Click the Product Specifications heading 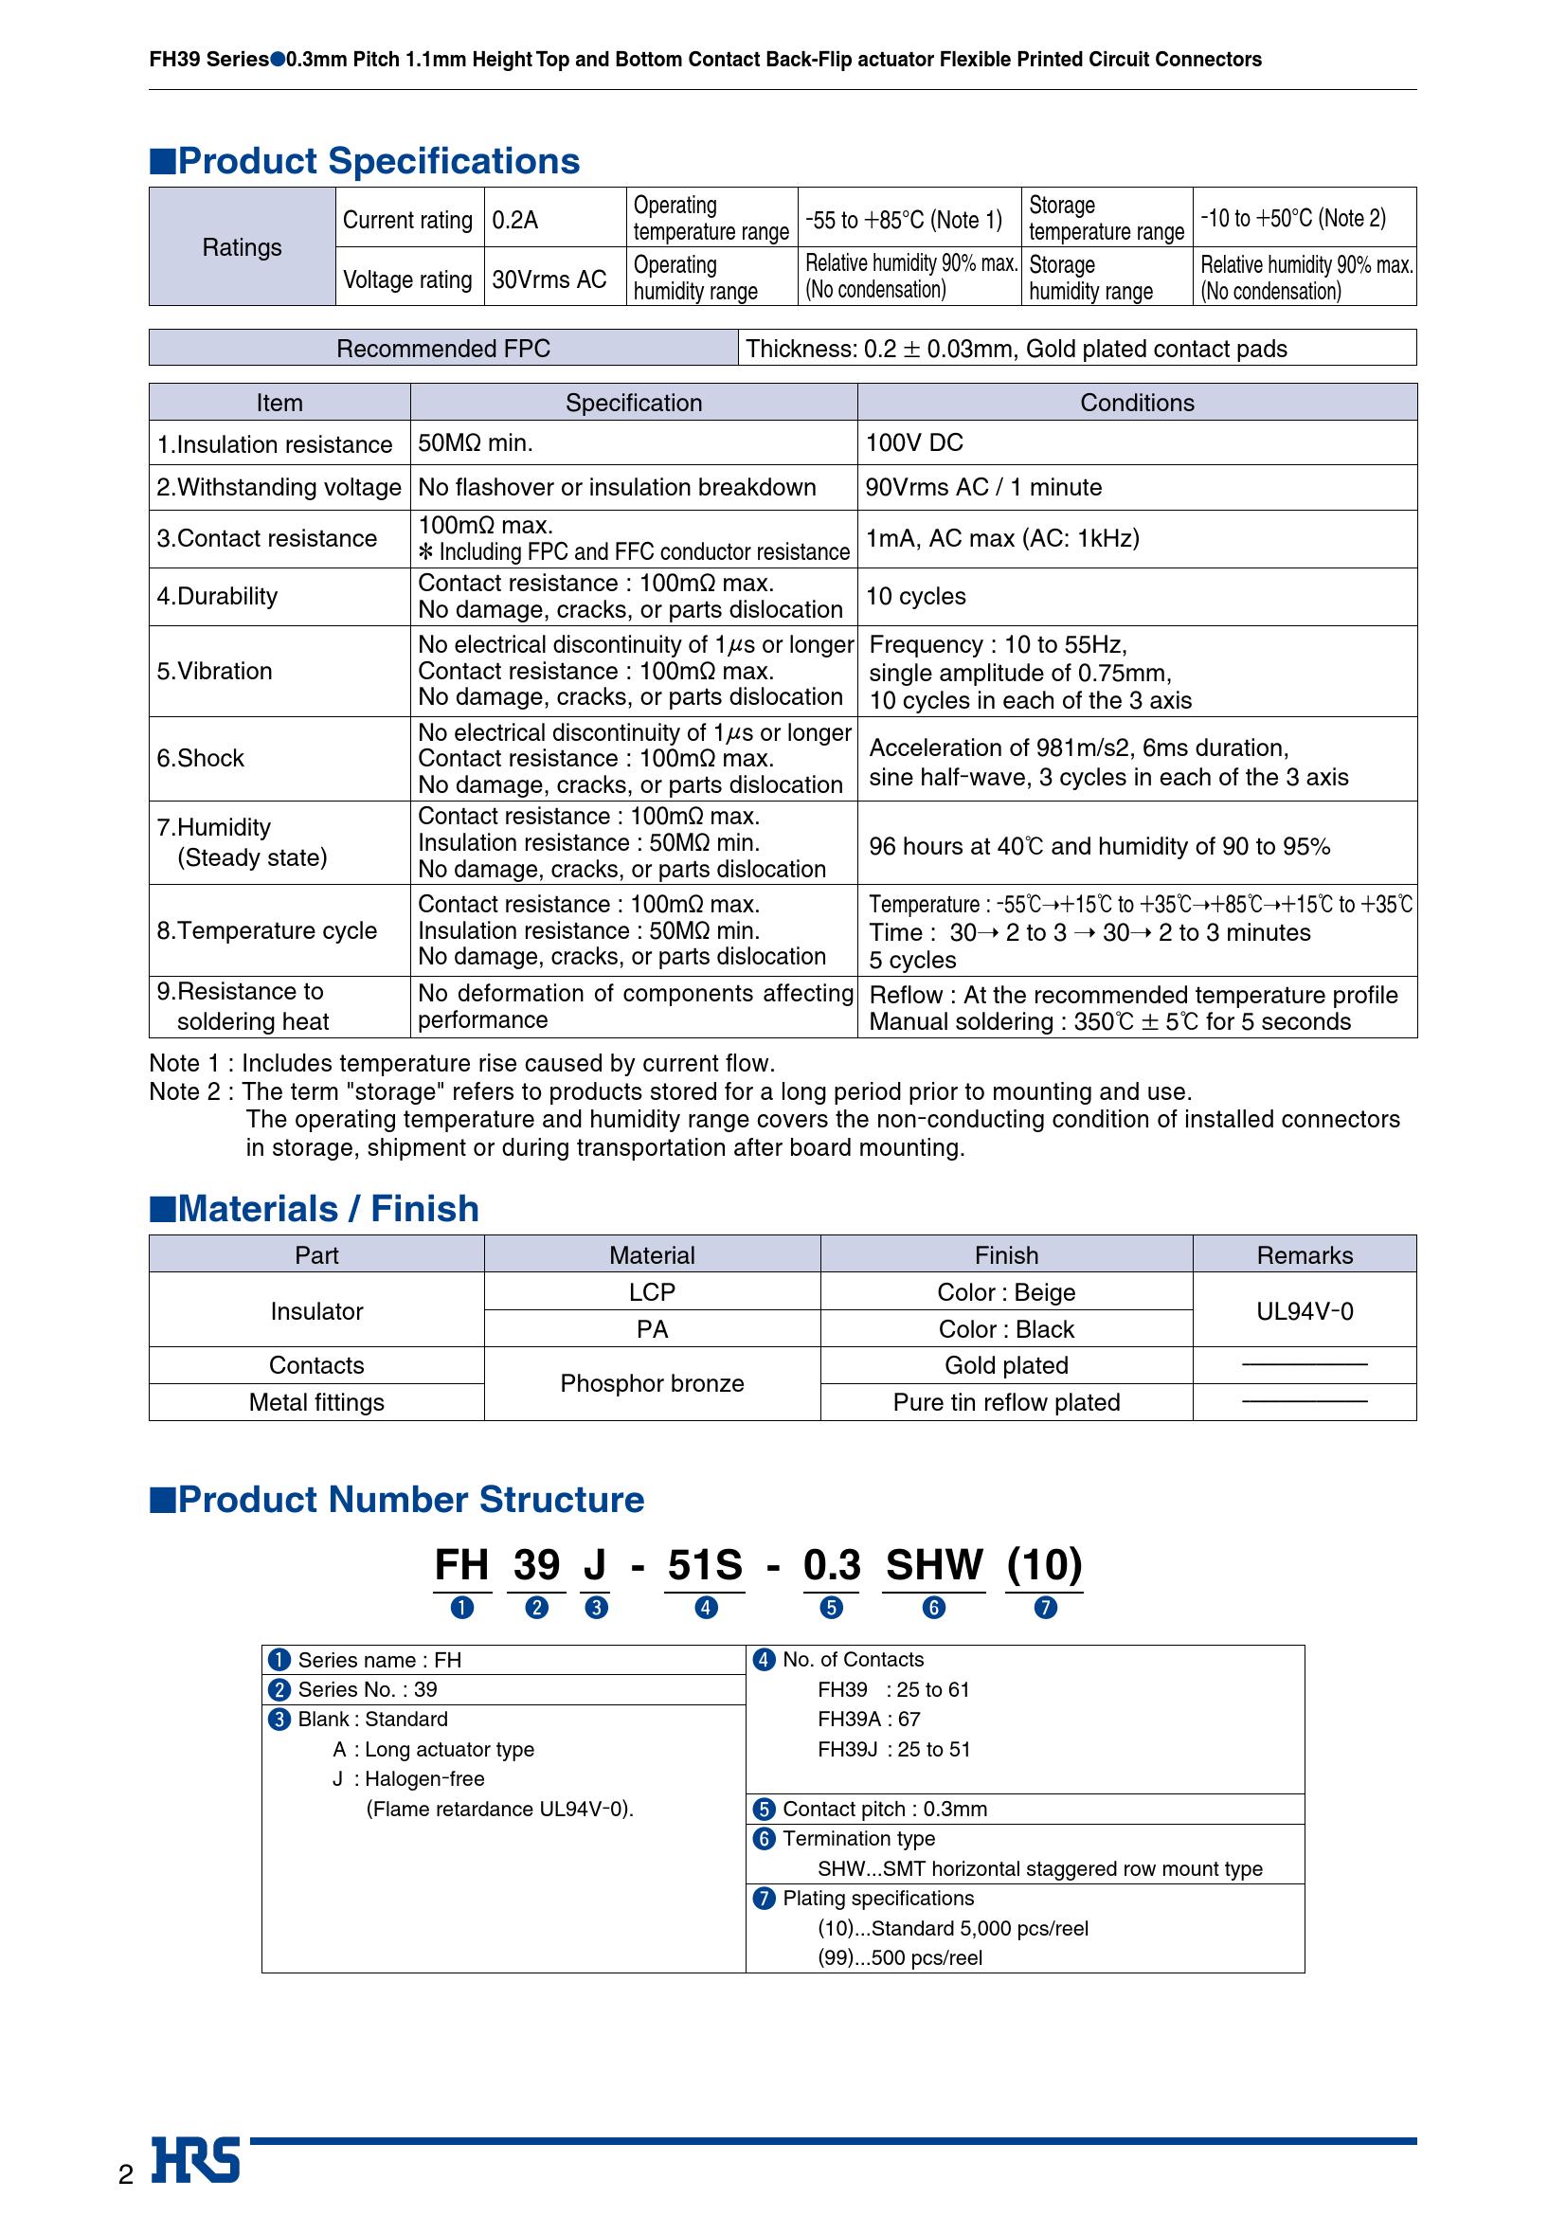[x=378, y=161]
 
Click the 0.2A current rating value [x=515, y=220]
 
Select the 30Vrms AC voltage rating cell [x=549, y=279]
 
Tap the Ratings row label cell [x=243, y=247]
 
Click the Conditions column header [x=1137, y=403]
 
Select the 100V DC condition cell [x=915, y=443]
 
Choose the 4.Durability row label [x=217, y=597]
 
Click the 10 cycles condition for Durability [x=916, y=597]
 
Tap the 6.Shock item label [x=201, y=759]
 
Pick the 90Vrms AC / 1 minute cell [x=983, y=487]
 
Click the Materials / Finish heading [x=328, y=1208]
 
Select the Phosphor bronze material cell [x=652, y=1383]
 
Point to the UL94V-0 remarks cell [x=1305, y=1310]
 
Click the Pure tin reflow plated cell [x=1006, y=1402]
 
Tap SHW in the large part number [x=934, y=1564]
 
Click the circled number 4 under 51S [x=707, y=1608]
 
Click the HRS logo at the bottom [x=196, y=2161]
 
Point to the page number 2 [x=125, y=2174]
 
